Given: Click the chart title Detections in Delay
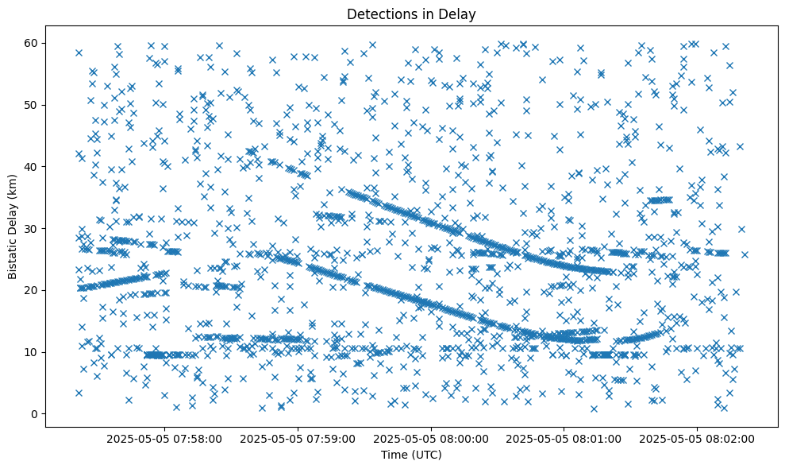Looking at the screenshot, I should pyautogui.click(x=411, y=14).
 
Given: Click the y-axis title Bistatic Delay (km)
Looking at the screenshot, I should pyautogui.click(x=13, y=227).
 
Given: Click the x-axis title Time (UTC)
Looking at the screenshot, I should pyautogui.click(x=411, y=455).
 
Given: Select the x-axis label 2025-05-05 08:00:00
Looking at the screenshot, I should pyautogui.click(x=433, y=438).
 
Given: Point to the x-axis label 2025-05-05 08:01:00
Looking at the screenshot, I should pyautogui.click(x=565, y=438).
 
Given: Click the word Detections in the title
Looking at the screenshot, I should pyautogui.click(x=379, y=14).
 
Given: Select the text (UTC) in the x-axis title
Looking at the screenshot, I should pyautogui.click(x=426, y=455).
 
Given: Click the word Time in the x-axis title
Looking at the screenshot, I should pyautogui.click(x=394, y=455).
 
